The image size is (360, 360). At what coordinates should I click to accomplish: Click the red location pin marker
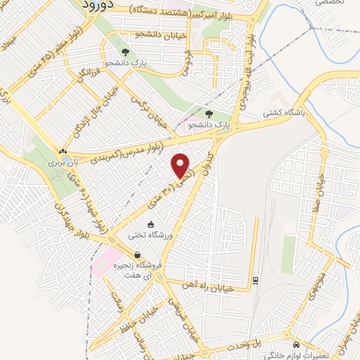(x=181, y=165)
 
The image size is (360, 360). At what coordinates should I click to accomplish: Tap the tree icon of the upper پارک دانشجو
(x=125, y=53)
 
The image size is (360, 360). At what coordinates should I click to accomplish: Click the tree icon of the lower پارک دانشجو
(x=209, y=113)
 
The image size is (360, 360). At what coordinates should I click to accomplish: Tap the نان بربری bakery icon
(x=63, y=151)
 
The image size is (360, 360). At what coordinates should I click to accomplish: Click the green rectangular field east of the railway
(x=288, y=254)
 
